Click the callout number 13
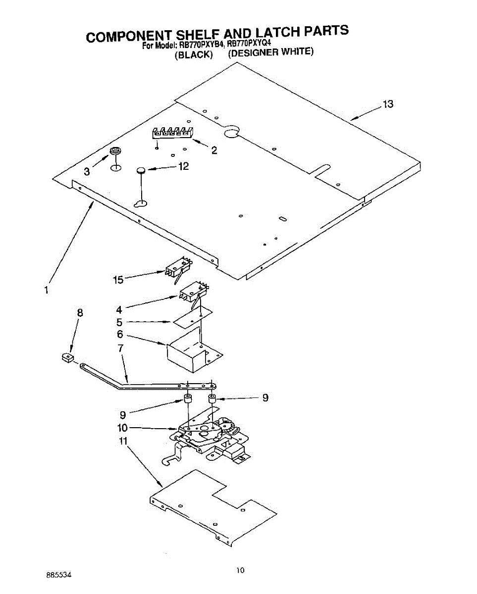coord(387,104)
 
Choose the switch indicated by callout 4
coord(193,292)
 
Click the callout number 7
coord(120,348)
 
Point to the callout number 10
coord(122,428)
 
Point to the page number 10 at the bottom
coord(240,570)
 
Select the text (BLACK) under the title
coord(194,54)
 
